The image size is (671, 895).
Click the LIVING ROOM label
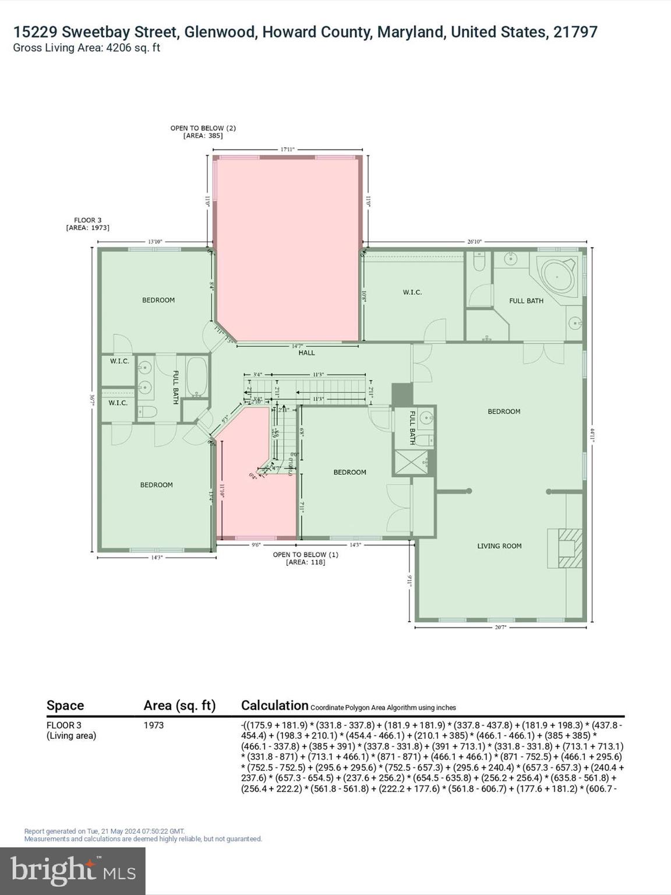click(x=499, y=546)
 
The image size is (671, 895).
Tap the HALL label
click(x=306, y=353)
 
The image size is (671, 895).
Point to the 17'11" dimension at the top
click(x=288, y=150)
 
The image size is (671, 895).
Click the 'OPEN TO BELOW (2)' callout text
click(x=203, y=128)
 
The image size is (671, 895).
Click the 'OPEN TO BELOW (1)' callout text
click(x=305, y=555)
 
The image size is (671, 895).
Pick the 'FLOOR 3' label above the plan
click(x=87, y=220)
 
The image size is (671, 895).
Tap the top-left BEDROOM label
click(x=158, y=300)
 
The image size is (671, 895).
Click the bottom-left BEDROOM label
click(x=156, y=485)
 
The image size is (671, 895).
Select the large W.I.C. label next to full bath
click(x=412, y=292)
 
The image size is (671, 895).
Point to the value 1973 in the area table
click(x=154, y=725)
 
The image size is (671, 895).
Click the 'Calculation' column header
click(x=274, y=706)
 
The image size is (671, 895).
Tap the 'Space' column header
click(x=65, y=706)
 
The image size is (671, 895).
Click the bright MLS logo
click(x=73, y=871)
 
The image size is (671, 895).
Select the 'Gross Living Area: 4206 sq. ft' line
click(x=87, y=48)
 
